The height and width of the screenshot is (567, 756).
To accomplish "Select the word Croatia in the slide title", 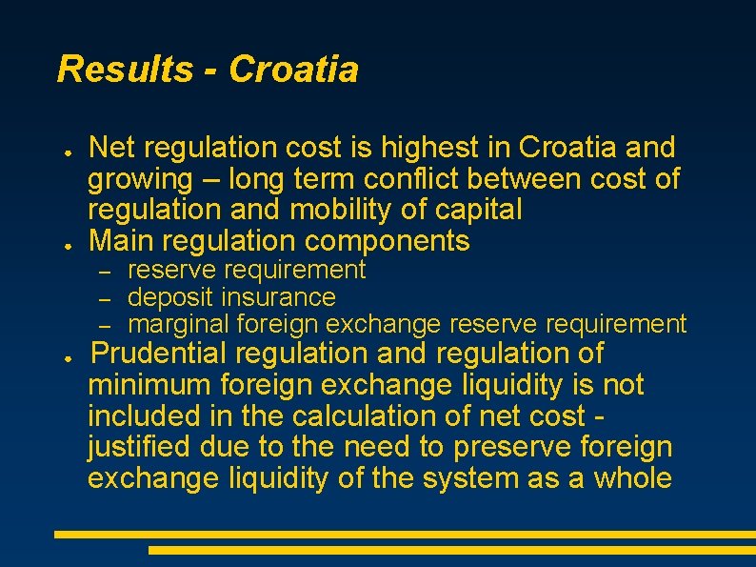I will (x=294, y=70).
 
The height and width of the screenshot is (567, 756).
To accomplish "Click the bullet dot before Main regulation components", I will (x=70, y=243).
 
